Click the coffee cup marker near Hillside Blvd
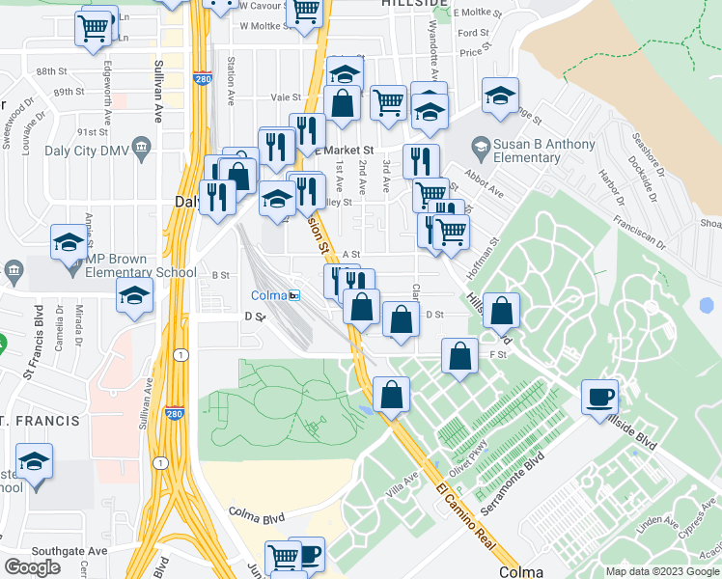(599, 397)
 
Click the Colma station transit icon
(294, 295)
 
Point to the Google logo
(32, 566)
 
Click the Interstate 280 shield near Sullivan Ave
(175, 412)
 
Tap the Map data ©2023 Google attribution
(662, 571)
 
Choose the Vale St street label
(286, 97)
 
